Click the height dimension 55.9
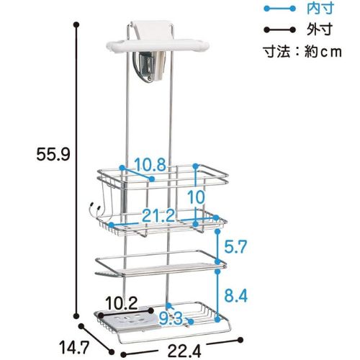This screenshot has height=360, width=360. point(53,154)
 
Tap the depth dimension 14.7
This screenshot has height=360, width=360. point(74,347)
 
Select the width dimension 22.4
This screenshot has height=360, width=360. point(184,351)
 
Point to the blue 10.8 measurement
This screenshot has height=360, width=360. point(150,165)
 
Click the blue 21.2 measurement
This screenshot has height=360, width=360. point(158,215)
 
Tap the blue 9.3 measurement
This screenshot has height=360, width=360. point(171,319)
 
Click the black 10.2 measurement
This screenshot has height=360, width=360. point(122,303)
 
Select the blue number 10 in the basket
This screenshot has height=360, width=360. point(196,197)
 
